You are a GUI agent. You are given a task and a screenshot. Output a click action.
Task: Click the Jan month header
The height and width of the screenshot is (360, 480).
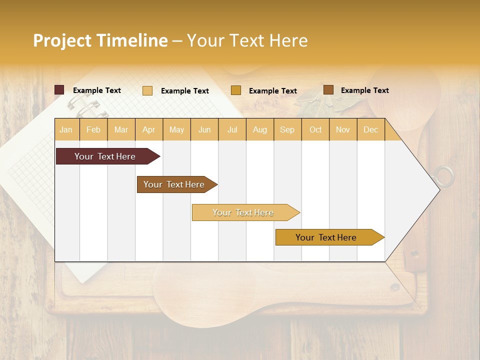click(x=66, y=130)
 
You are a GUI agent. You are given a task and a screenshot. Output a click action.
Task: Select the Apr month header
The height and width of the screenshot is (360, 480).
click(x=149, y=130)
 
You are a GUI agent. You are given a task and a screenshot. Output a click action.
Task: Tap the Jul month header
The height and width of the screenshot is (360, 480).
click(x=232, y=130)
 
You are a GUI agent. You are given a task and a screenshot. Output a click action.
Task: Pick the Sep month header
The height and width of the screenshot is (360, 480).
click(x=287, y=130)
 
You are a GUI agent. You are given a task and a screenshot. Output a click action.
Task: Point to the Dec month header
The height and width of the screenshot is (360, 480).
click(x=370, y=130)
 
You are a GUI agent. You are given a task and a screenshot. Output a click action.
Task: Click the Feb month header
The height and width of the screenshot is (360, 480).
click(x=93, y=130)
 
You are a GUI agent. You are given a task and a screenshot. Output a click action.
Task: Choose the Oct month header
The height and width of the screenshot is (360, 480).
click(x=315, y=130)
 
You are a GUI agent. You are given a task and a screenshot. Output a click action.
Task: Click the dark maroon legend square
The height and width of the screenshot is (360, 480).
click(x=59, y=90)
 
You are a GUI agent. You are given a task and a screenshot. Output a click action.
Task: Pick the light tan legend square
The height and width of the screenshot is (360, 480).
click(x=147, y=90)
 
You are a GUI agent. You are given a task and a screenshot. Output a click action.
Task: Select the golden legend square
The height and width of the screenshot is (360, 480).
click(x=236, y=90)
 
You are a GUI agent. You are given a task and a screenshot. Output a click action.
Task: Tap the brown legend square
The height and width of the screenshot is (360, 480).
click(x=328, y=90)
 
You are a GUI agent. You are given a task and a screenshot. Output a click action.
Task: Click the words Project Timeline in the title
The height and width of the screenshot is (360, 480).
click(x=100, y=40)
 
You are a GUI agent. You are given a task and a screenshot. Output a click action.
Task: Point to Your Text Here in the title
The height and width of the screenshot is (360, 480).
click(x=247, y=40)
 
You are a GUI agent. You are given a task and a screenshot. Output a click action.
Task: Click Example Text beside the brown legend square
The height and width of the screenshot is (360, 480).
click(x=364, y=90)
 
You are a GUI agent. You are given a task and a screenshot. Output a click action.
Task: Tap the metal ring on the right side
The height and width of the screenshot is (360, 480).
click(x=444, y=176)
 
